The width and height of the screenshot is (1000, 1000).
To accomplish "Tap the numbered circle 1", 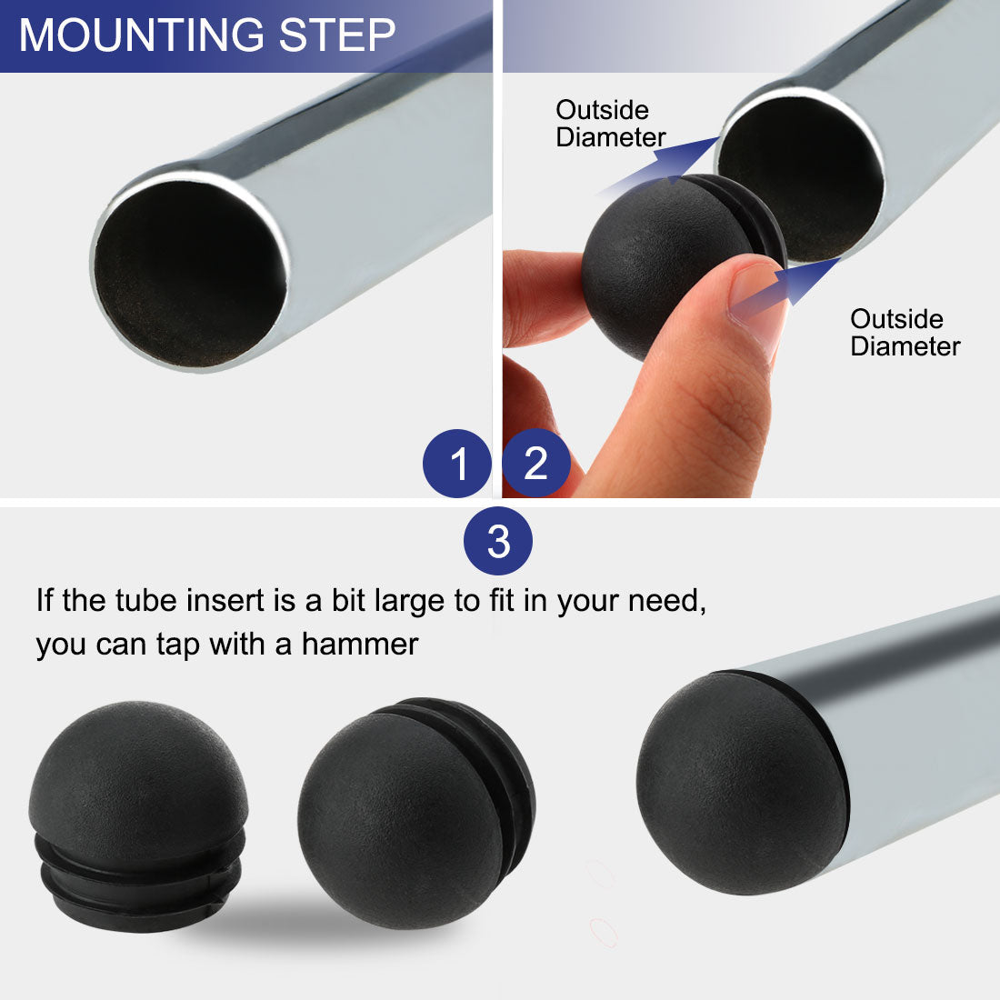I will (x=457, y=464).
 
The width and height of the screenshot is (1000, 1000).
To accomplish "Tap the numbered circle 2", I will (x=535, y=464).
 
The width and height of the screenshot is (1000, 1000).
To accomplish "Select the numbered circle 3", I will (x=498, y=543).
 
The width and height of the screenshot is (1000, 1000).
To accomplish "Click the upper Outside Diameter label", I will (x=609, y=124).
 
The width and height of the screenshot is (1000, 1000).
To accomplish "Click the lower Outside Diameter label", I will (x=904, y=333).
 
